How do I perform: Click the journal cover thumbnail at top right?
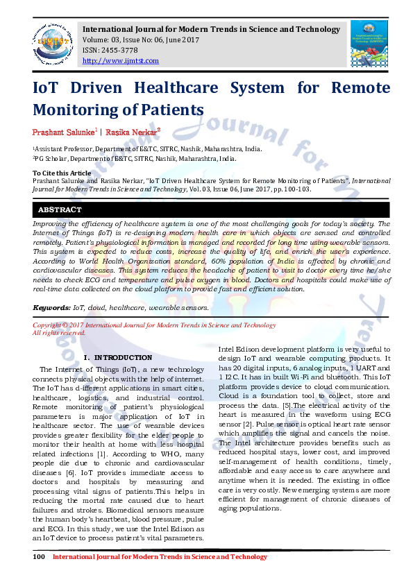point(369,43)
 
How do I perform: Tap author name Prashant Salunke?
point(63,131)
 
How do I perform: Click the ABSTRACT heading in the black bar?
point(60,209)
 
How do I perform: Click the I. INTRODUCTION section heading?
point(117,357)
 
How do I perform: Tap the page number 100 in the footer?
point(39,556)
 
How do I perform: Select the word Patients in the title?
point(170,110)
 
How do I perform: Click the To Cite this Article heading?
point(62,173)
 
